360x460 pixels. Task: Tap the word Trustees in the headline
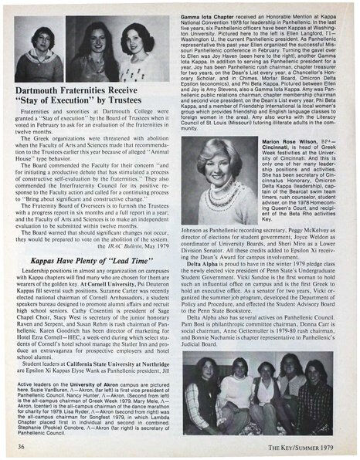click(138, 101)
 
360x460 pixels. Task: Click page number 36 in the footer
click(22, 445)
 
